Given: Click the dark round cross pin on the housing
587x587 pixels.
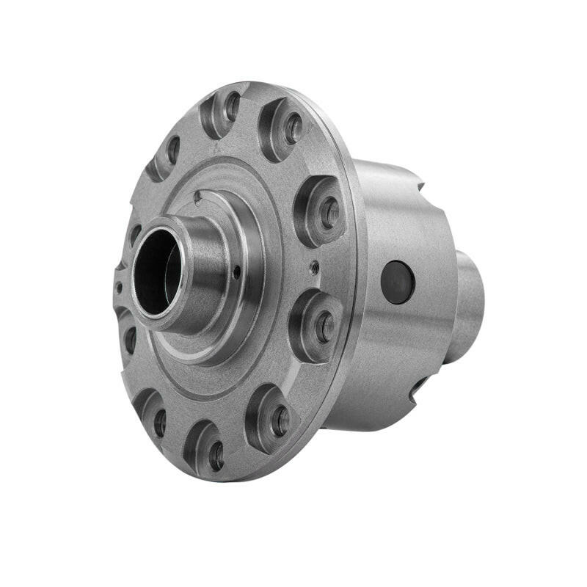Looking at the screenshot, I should [x=398, y=282].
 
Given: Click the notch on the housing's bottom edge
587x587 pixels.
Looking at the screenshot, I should [x=418, y=387].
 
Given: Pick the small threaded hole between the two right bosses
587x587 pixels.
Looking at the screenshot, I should [x=314, y=267].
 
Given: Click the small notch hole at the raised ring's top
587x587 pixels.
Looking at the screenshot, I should [x=198, y=197].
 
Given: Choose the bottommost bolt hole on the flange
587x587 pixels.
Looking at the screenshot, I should [x=216, y=456].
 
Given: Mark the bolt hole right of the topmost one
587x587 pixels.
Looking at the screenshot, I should [x=293, y=129].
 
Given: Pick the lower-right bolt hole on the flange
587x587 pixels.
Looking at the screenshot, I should [x=280, y=420].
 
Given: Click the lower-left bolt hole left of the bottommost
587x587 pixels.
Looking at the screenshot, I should [x=158, y=422].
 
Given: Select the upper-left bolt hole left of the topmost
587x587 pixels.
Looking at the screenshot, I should [x=172, y=150].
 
